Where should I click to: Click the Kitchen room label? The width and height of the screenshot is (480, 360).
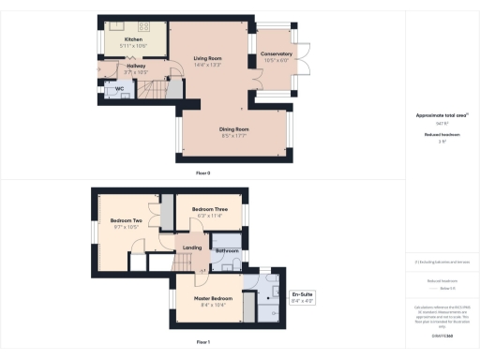click(x=121, y=39)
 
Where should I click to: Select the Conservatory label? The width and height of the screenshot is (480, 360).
click(x=276, y=54)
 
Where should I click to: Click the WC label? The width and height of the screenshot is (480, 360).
click(x=121, y=91)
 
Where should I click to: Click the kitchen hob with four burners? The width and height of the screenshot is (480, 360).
click(x=146, y=27)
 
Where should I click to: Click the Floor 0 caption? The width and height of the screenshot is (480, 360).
click(x=202, y=173)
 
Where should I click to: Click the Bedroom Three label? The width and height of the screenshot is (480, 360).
click(x=209, y=209)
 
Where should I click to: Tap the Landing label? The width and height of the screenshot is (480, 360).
click(x=192, y=247)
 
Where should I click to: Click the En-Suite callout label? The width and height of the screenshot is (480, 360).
click(x=303, y=296)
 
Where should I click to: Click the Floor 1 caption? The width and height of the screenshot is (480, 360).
click(x=202, y=343)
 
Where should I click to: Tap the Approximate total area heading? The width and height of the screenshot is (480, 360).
click(x=441, y=115)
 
